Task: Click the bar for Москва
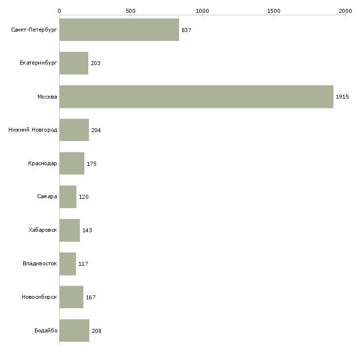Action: click(196, 97)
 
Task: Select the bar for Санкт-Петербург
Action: click(119, 30)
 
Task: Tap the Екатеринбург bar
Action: click(73, 63)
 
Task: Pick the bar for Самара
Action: click(68, 197)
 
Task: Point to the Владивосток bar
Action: click(68, 264)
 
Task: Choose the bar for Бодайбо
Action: click(74, 330)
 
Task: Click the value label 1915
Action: click(342, 97)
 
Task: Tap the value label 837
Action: click(186, 30)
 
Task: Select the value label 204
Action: click(96, 130)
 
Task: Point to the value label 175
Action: click(92, 164)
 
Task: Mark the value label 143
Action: click(87, 230)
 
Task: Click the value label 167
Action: click(91, 297)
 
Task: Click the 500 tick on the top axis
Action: click(131, 11)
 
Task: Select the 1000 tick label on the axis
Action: click(202, 11)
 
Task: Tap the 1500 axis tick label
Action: click(274, 11)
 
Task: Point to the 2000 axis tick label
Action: click(345, 11)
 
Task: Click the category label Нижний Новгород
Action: click(33, 130)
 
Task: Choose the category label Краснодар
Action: click(42, 163)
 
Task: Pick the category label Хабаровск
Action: click(43, 230)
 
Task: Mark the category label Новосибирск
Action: click(39, 297)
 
